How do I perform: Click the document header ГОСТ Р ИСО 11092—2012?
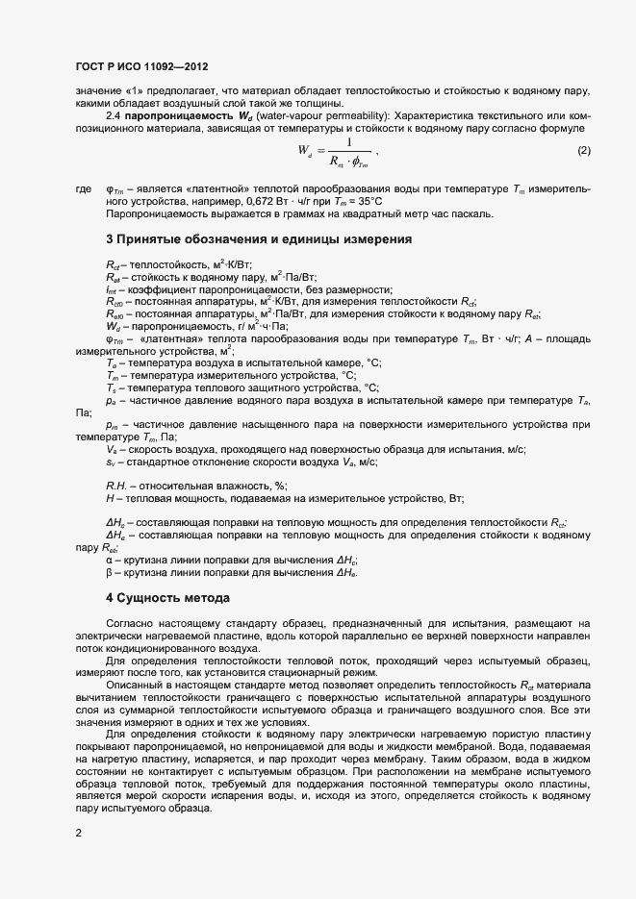(141, 66)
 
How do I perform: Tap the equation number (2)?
(583, 151)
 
